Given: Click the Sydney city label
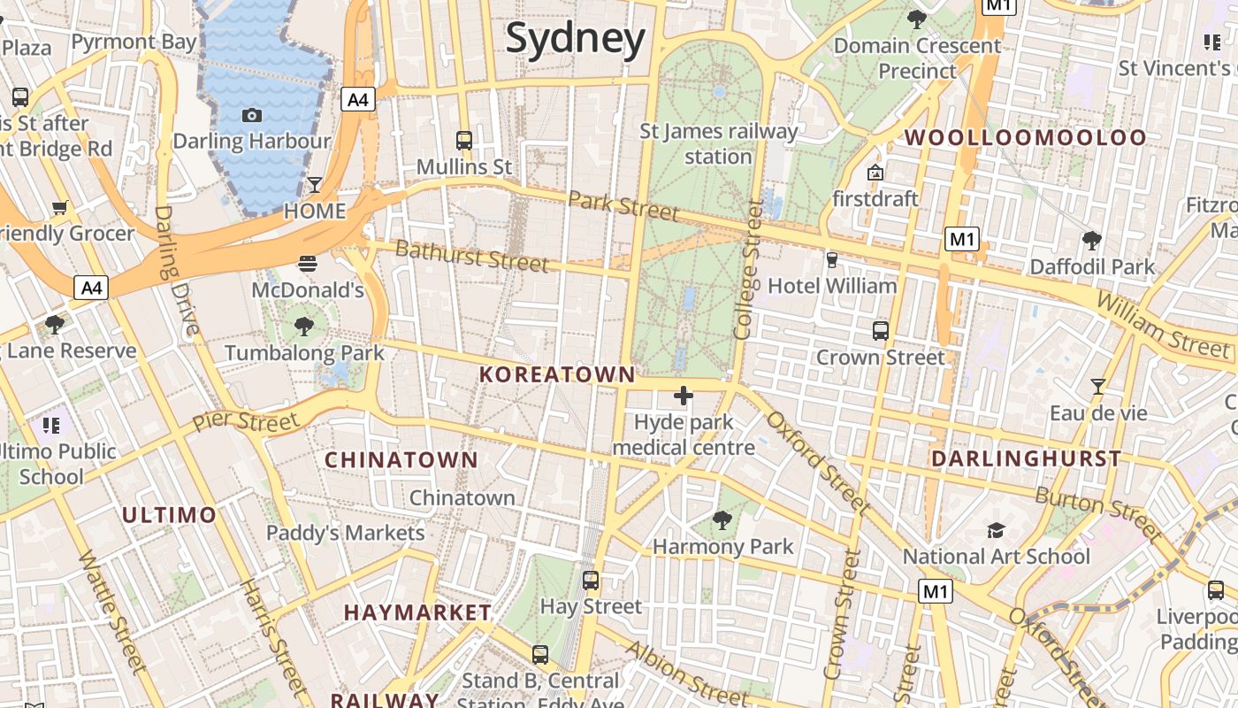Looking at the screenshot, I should point(575,39).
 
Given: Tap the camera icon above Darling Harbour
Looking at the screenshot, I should point(251,115).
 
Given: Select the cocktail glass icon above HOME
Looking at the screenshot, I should point(314,184).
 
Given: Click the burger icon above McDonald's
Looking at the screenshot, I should point(308,263).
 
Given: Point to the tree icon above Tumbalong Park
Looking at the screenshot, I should point(304,327).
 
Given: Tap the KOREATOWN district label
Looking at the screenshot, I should point(557,375).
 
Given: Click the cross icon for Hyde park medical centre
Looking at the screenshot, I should point(684,396).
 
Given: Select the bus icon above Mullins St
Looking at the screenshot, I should point(463,140).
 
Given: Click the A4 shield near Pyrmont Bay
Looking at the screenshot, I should point(358,99).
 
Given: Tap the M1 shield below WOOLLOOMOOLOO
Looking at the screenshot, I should point(962,239).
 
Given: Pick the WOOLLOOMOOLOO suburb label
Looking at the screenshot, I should point(1025,138).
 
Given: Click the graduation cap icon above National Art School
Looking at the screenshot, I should point(996,530).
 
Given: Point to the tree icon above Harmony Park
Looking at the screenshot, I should point(722,520).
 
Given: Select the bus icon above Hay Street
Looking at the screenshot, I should point(591,581).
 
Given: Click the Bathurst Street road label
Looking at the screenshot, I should point(472,257).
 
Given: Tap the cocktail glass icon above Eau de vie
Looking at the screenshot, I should point(1097,387).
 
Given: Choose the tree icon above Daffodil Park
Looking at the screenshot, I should point(1092,240).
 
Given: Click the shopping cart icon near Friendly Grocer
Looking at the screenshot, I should point(60,208).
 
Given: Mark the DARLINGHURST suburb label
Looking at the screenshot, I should point(1026,459).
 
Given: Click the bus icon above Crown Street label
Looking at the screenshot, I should point(880,331).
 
